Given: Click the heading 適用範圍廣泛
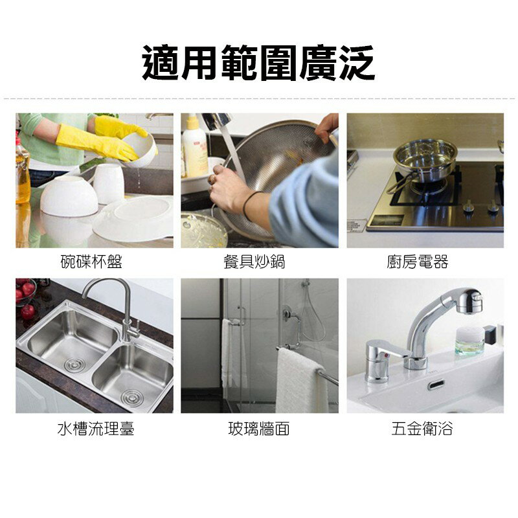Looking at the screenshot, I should click(x=258, y=63).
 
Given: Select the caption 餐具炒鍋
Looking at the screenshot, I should click(x=259, y=262).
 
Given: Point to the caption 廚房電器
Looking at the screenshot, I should click(x=425, y=262).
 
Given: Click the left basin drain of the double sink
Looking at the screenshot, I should click(x=74, y=365).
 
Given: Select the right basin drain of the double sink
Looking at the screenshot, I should click(x=132, y=396).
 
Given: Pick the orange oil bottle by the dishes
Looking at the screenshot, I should click(x=23, y=172).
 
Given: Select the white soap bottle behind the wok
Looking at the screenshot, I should click(x=195, y=151).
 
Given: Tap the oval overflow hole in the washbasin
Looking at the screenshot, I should click(x=435, y=385).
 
